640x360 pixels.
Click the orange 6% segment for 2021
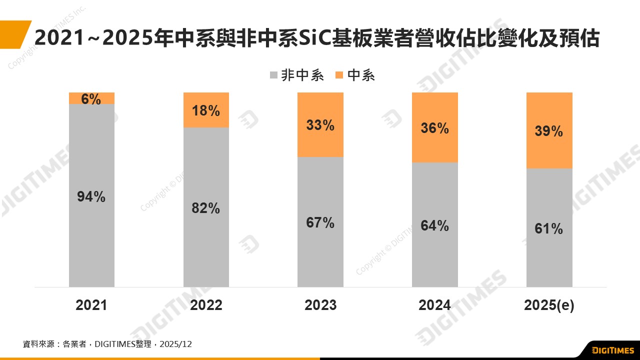point(91,98)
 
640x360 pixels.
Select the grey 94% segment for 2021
point(91,195)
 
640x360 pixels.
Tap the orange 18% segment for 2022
point(206,110)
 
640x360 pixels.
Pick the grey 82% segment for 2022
point(206,207)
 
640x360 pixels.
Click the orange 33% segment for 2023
point(320,124)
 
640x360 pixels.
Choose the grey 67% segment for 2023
point(320,222)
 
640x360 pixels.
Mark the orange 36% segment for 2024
point(435,127)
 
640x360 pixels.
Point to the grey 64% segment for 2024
point(435,225)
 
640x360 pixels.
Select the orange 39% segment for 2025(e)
point(549,130)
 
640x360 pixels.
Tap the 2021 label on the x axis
point(91,305)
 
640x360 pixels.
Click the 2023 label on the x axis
point(320,305)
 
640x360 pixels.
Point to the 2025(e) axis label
point(549,305)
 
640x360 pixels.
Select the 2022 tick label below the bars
point(206,305)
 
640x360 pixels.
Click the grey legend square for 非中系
point(273,76)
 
